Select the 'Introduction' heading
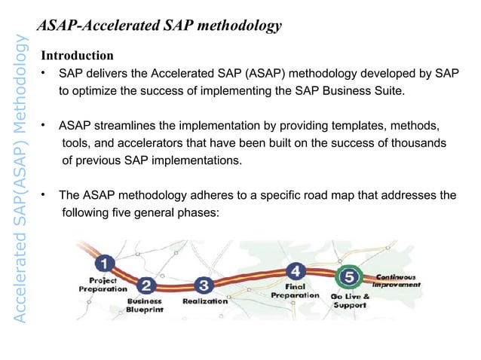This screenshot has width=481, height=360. (x=77, y=56)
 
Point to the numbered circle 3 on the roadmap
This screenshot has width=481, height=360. (x=203, y=285)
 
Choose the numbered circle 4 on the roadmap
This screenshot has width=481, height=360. (x=297, y=270)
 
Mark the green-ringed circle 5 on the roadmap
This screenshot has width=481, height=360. (x=348, y=277)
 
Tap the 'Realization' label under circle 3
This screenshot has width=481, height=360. (x=205, y=301)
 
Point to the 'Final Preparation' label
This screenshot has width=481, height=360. (x=296, y=291)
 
